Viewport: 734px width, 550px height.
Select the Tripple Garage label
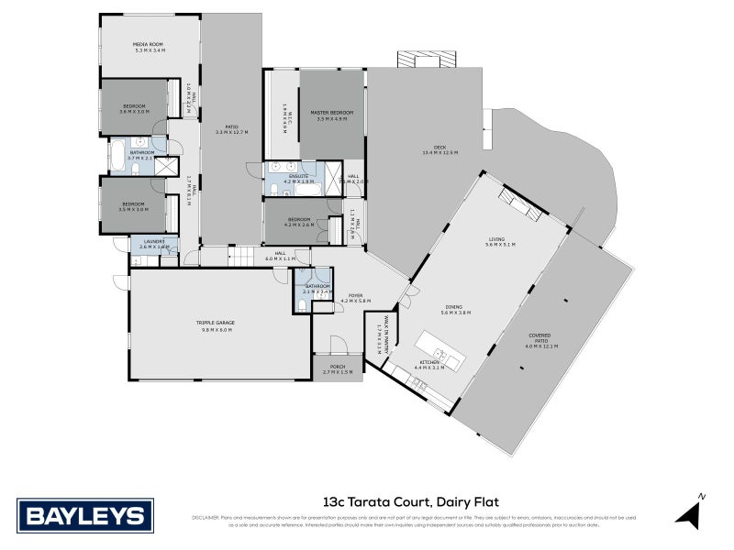pyautogui.click(x=214, y=325)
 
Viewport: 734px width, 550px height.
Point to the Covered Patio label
pyautogui.click(x=540, y=338)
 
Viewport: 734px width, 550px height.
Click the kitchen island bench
pyautogui.click(x=439, y=349)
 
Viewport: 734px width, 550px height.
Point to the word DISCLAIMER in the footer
pyautogui.click(x=206, y=518)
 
